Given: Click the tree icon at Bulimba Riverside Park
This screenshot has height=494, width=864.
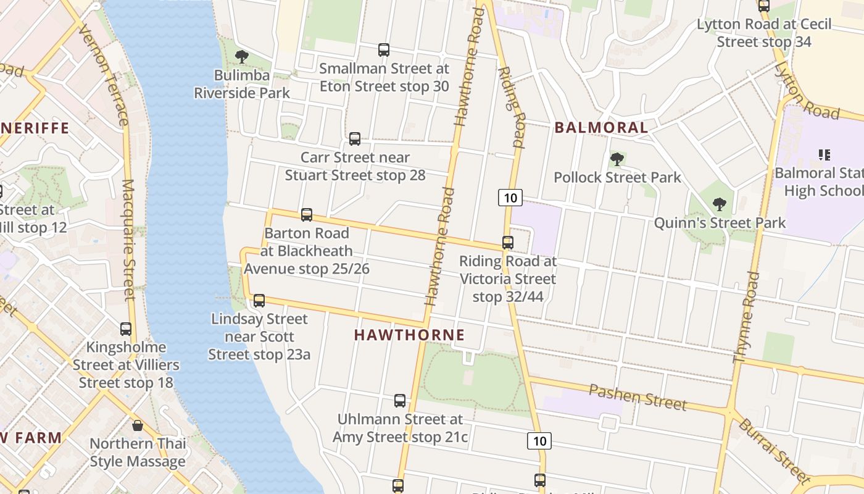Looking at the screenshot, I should [242, 57].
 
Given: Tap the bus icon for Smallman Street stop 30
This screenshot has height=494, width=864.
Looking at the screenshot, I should [384, 50].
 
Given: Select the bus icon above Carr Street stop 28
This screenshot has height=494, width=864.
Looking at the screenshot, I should [355, 139].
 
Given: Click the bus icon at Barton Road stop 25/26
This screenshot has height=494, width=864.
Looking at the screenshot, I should [307, 215].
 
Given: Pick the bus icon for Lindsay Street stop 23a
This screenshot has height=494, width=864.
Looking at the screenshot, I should [259, 301].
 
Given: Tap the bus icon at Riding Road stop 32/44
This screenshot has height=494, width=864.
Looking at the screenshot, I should [508, 243].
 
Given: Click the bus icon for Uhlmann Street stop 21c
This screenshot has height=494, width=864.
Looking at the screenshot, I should [400, 401].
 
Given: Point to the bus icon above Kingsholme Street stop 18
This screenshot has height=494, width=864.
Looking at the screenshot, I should [126, 329].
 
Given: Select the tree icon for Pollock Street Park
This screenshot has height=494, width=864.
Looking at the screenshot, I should [617, 159].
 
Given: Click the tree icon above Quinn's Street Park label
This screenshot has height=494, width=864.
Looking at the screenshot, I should [719, 204].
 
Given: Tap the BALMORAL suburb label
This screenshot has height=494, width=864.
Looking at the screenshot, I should [601, 128].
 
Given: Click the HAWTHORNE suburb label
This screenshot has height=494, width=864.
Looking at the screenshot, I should [409, 335].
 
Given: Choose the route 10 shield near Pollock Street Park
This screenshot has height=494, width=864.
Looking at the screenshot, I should [510, 198].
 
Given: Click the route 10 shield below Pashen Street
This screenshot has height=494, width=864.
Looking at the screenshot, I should [539, 441].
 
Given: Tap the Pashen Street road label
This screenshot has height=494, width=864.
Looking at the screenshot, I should [637, 397].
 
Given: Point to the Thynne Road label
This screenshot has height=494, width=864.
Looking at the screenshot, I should [746, 316].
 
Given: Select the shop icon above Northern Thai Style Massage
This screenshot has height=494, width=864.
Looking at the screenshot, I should [138, 425].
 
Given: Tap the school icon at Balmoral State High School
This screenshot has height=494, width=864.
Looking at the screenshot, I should [824, 154].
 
